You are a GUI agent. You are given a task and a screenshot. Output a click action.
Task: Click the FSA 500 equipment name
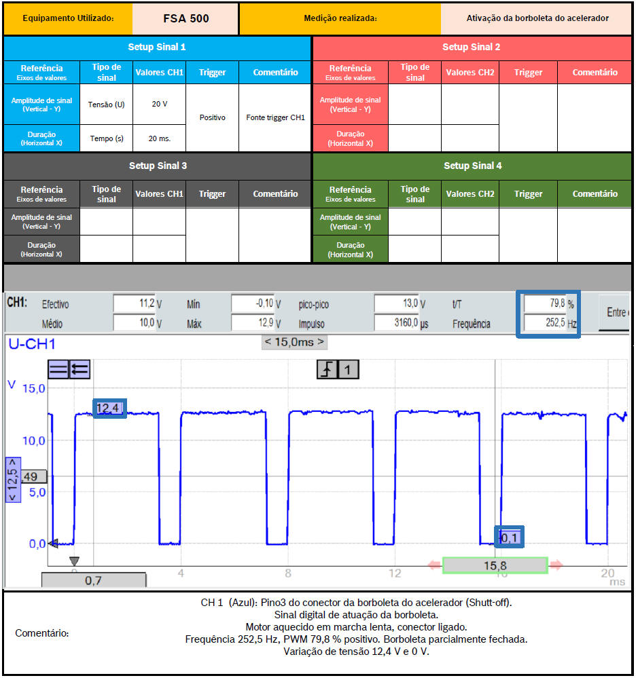click(186, 18)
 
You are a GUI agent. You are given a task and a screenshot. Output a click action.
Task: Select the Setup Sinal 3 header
click(157, 166)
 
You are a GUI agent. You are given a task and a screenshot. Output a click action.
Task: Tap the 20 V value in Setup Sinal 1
click(160, 104)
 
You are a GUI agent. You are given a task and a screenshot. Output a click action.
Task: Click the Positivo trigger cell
click(212, 117)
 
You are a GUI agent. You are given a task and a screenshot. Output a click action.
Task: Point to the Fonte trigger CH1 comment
click(275, 117)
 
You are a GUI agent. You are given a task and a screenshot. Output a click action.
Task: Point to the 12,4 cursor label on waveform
click(109, 408)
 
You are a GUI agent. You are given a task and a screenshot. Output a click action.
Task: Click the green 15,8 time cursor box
click(495, 565)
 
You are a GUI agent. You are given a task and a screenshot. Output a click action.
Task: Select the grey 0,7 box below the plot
click(94, 580)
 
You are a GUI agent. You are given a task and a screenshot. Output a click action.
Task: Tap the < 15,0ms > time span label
click(294, 341)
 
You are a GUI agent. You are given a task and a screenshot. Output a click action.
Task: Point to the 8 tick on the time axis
click(288, 573)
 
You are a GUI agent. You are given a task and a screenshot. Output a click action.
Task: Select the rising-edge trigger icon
click(327, 370)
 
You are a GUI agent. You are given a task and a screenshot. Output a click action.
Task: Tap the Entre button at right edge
click(616, 312)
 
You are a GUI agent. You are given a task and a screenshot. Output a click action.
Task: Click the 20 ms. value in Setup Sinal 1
click(160, 138)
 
